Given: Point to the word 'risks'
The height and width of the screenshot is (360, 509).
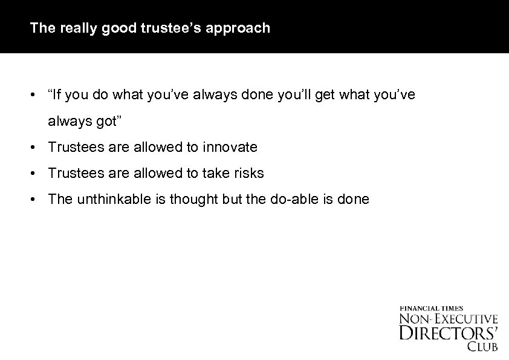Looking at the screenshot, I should pos(248,173).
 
